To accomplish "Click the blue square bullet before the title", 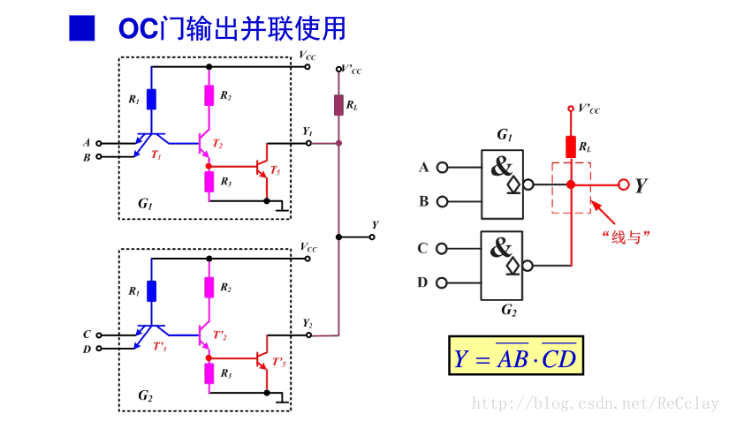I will (81, 28).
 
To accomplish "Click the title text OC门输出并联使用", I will (232, 28).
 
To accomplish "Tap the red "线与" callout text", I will (626, 237).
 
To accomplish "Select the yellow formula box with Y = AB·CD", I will (516, 357).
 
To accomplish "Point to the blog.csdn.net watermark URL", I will (596, 403).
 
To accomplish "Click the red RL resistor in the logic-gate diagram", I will (571, 147).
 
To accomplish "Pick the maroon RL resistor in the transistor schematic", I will (338, 105).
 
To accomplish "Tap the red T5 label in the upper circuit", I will (276, 169).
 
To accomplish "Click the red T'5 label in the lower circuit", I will (278, 362).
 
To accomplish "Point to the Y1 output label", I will (307, 132).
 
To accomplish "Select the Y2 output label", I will (307, 324).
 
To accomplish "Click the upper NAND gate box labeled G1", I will (501, 183).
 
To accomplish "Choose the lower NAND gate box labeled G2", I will (501, 265).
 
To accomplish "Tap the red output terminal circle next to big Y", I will (624, 184).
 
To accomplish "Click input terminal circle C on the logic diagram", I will (443, 249).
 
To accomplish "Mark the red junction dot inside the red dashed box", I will (571, 184).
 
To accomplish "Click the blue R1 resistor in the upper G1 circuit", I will (151, 99).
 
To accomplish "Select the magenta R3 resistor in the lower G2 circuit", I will (209, 373).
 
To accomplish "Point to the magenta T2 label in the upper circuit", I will (218, 144).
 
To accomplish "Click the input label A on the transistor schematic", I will (87, 142).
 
